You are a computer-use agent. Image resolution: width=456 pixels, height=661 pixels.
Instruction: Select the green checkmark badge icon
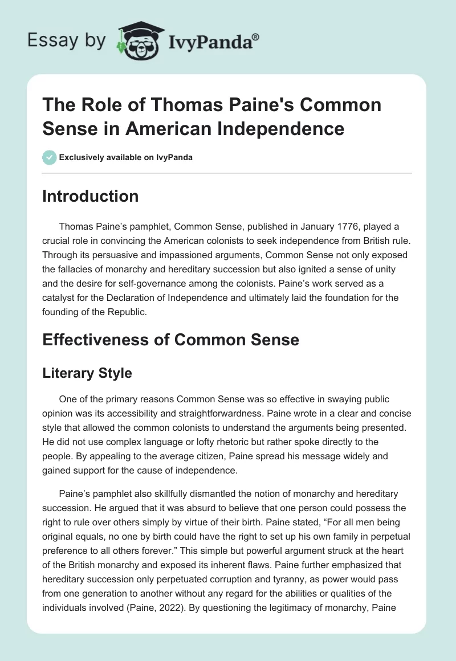(50, 157)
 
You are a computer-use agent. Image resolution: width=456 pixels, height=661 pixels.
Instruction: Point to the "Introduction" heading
(90, 196)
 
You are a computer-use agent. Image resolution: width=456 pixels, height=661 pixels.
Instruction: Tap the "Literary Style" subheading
(87, 373)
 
